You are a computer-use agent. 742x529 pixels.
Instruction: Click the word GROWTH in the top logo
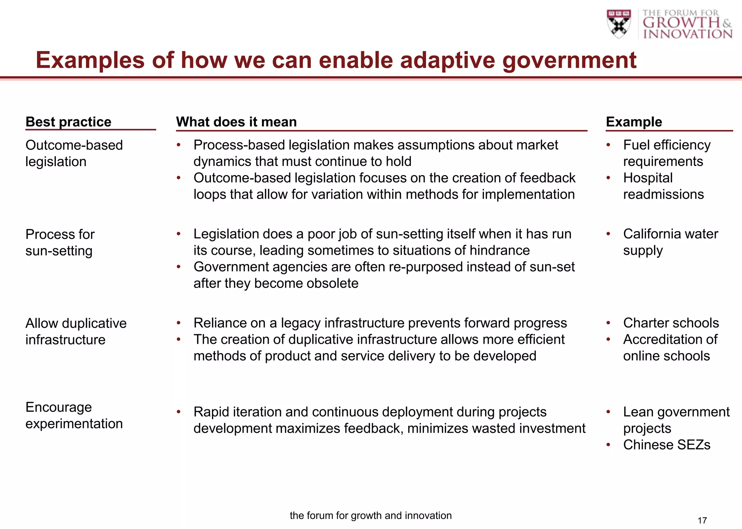[x=681, y=22]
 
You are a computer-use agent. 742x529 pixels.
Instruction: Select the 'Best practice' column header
[x=68, y=122]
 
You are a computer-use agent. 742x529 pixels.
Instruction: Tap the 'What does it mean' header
[x=236, y=122]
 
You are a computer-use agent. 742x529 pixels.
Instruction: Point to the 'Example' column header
[x=634, y=122]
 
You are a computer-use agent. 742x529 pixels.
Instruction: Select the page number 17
[x=702, y=520]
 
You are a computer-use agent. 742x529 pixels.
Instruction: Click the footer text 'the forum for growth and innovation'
[x=371, y=515]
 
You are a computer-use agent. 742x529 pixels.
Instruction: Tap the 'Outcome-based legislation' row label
[x=74, y=153]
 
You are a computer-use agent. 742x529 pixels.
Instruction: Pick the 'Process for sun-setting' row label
[x=60, y=242]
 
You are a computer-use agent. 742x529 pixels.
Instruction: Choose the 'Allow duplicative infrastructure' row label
[x=76, y=331]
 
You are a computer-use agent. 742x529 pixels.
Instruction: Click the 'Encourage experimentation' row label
[x=74, y=415]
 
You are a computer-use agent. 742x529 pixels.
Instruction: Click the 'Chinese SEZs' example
[x=666, y=445]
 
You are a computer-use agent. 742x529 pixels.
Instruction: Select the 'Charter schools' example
[x=671, y=323]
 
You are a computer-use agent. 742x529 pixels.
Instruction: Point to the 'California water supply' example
[x=670, y=242]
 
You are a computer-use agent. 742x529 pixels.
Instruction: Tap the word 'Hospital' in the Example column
[x=647, y=178]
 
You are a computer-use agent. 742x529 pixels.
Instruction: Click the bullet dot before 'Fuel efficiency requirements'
[x=608, y=145]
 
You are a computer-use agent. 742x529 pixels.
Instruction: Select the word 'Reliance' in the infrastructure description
[x=218, y=323]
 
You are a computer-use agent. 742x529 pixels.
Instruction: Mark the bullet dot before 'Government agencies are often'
[x=179, y=267]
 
